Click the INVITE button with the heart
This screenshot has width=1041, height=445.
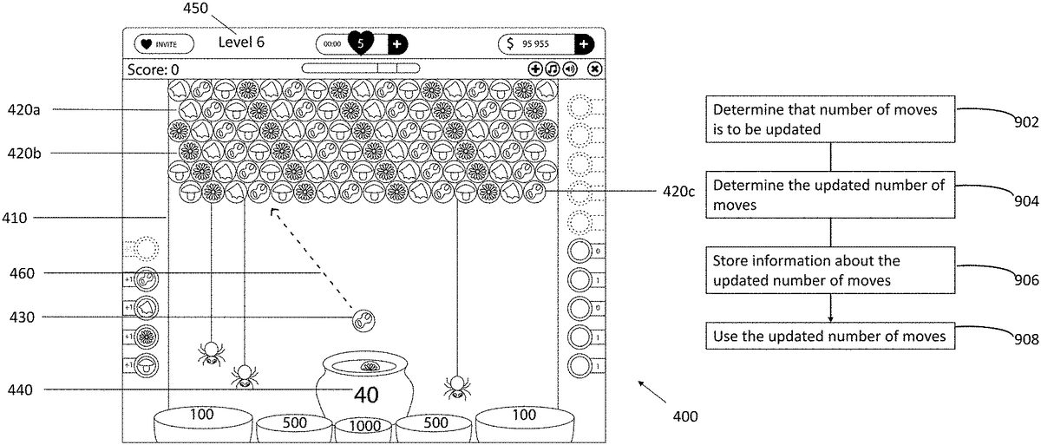[163, 43]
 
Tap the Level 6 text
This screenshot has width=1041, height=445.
[241, 42]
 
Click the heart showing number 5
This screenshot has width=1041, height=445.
[361, 42]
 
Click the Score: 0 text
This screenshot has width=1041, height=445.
[154, 69]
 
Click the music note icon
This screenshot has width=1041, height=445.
[553, 69]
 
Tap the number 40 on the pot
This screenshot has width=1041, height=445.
[366, 395]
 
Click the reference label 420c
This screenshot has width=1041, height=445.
[678, 193]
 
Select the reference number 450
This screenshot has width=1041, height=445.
[196, 9]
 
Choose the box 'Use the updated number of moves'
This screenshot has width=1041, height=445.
[831, 336]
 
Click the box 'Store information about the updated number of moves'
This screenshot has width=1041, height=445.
[831, 270]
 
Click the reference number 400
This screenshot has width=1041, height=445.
[684, 416]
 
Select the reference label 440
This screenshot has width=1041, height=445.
[19, 390]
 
